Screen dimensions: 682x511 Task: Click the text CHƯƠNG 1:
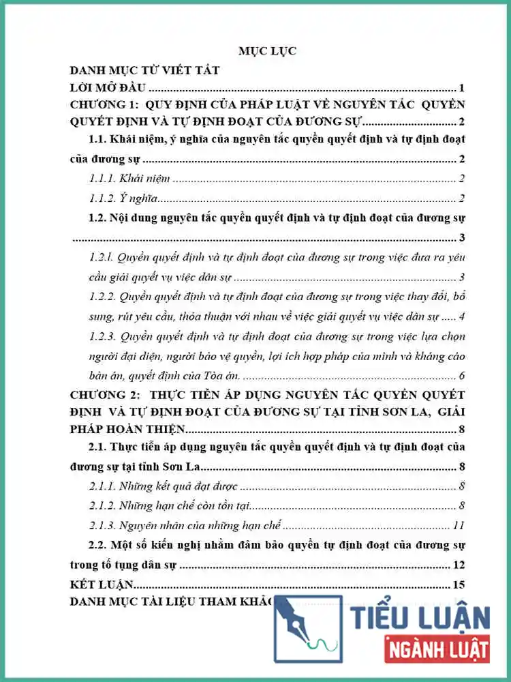click(102, 104)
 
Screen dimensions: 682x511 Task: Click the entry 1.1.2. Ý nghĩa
click(123, 198)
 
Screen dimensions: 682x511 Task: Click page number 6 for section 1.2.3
click(461, 376)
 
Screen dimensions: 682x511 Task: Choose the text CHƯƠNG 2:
click(104, 396)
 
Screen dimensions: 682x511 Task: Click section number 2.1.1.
click(102, 486)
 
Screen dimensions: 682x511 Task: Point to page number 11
click(459, 526)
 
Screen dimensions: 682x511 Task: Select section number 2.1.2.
click(102, 506)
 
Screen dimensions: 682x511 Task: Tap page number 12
click(459, 565)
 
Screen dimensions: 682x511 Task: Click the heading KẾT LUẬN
click(102, 584)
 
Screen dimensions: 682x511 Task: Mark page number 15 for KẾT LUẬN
click(459, 584)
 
